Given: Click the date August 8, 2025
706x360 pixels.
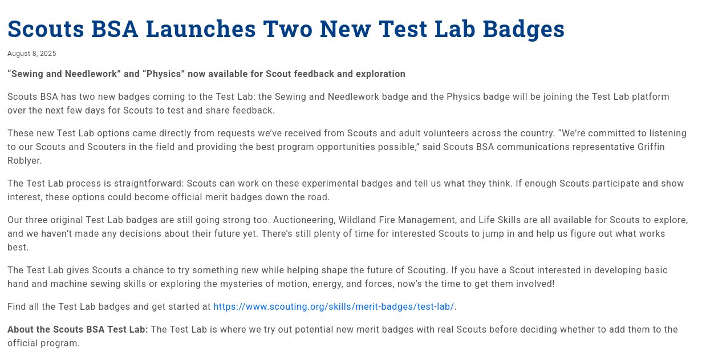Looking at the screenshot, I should (x=32, y=54).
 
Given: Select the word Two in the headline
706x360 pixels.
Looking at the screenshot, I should (x=287, y=29).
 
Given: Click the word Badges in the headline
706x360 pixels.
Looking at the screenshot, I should (x=524, y=29).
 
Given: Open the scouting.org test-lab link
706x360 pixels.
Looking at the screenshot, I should (x=334, y=307).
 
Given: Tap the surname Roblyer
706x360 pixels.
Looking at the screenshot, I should (x=25, y=161).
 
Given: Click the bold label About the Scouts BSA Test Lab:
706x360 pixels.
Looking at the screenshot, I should (x=78, y=330).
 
